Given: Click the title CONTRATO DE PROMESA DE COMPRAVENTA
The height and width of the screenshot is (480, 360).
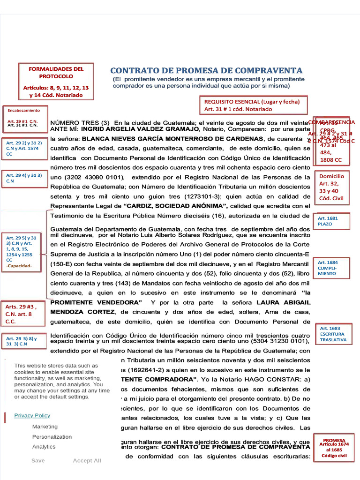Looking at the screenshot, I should (207, 70).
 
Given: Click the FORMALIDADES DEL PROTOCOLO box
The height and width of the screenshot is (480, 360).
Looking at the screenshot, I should (56, 82).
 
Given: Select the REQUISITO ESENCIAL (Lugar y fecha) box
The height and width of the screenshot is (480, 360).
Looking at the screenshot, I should (252, 105).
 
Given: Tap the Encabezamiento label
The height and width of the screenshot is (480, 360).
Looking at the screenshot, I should (23, 110).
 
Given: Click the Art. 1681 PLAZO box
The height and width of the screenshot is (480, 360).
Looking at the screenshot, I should (331, 221).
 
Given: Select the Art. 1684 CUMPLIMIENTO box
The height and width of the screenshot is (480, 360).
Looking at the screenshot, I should (331, 268).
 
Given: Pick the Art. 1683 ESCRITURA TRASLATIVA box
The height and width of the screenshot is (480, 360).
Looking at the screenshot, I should (333, 334).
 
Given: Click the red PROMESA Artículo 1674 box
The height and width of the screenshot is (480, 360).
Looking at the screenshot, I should (334, 448).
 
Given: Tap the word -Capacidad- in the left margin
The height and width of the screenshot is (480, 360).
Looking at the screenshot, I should (19, 265).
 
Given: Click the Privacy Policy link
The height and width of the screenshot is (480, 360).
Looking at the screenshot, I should (32, 415).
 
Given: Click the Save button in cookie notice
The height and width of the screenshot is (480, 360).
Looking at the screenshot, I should (38, 460).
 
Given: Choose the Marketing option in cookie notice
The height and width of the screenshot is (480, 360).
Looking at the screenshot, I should (45, 427).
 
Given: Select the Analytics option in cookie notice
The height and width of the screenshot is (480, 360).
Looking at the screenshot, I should (44, 447).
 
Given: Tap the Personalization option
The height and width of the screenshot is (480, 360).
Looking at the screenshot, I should (52, 437).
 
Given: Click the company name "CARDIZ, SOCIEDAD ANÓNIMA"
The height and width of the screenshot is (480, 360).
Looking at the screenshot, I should (175, 206).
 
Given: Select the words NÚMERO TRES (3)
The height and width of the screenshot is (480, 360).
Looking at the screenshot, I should (80, 122).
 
